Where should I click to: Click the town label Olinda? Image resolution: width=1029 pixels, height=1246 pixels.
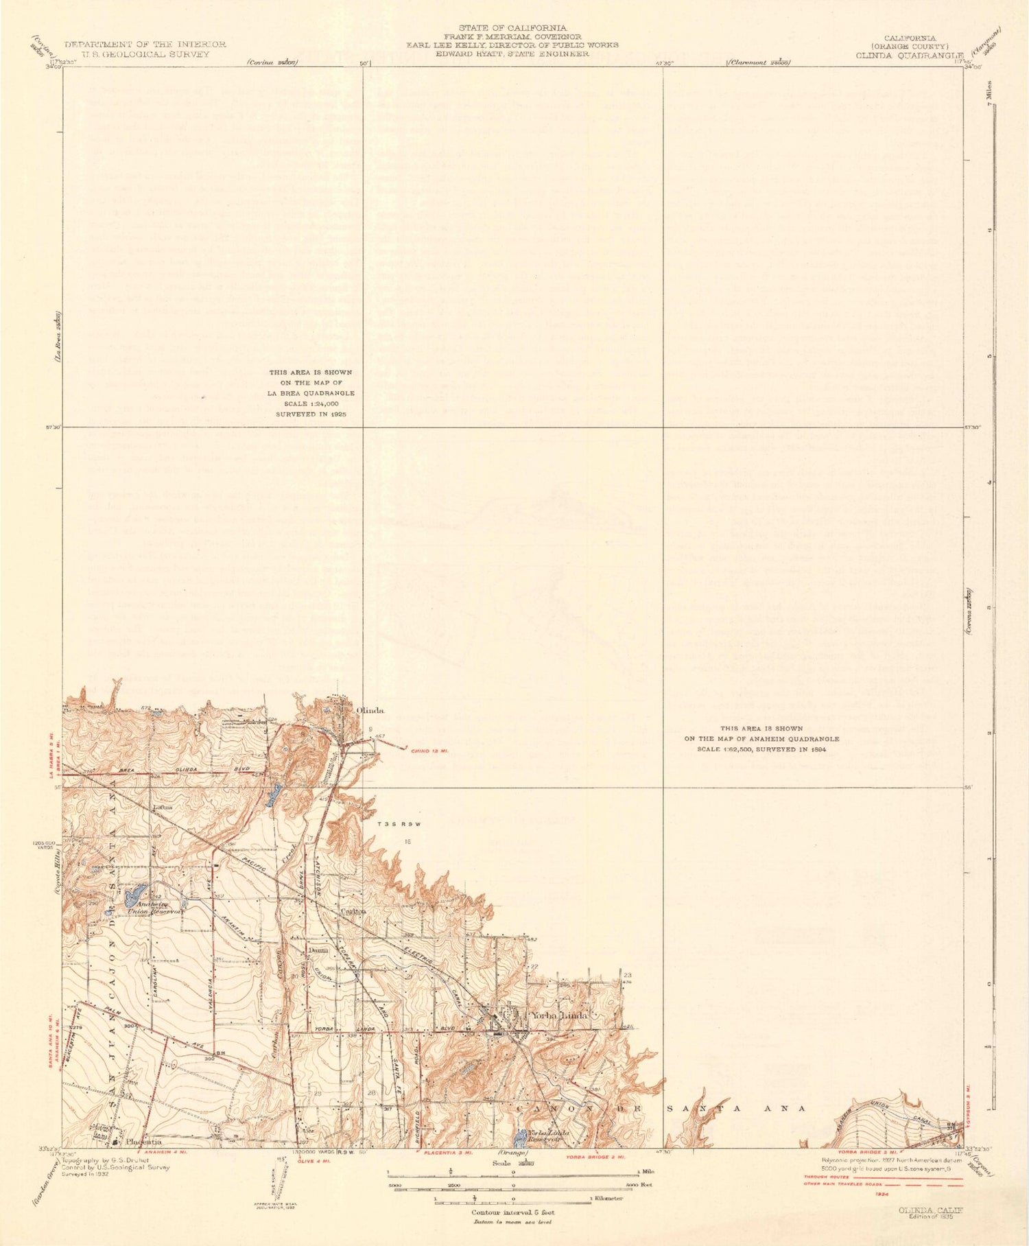[x=369, y=711]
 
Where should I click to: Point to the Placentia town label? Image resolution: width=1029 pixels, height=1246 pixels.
[x=144, y=1142]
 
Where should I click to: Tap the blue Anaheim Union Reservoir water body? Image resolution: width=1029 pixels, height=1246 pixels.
[x=134, y=894]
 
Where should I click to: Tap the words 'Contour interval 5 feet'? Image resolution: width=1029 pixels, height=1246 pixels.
[x=512, y=1212]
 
